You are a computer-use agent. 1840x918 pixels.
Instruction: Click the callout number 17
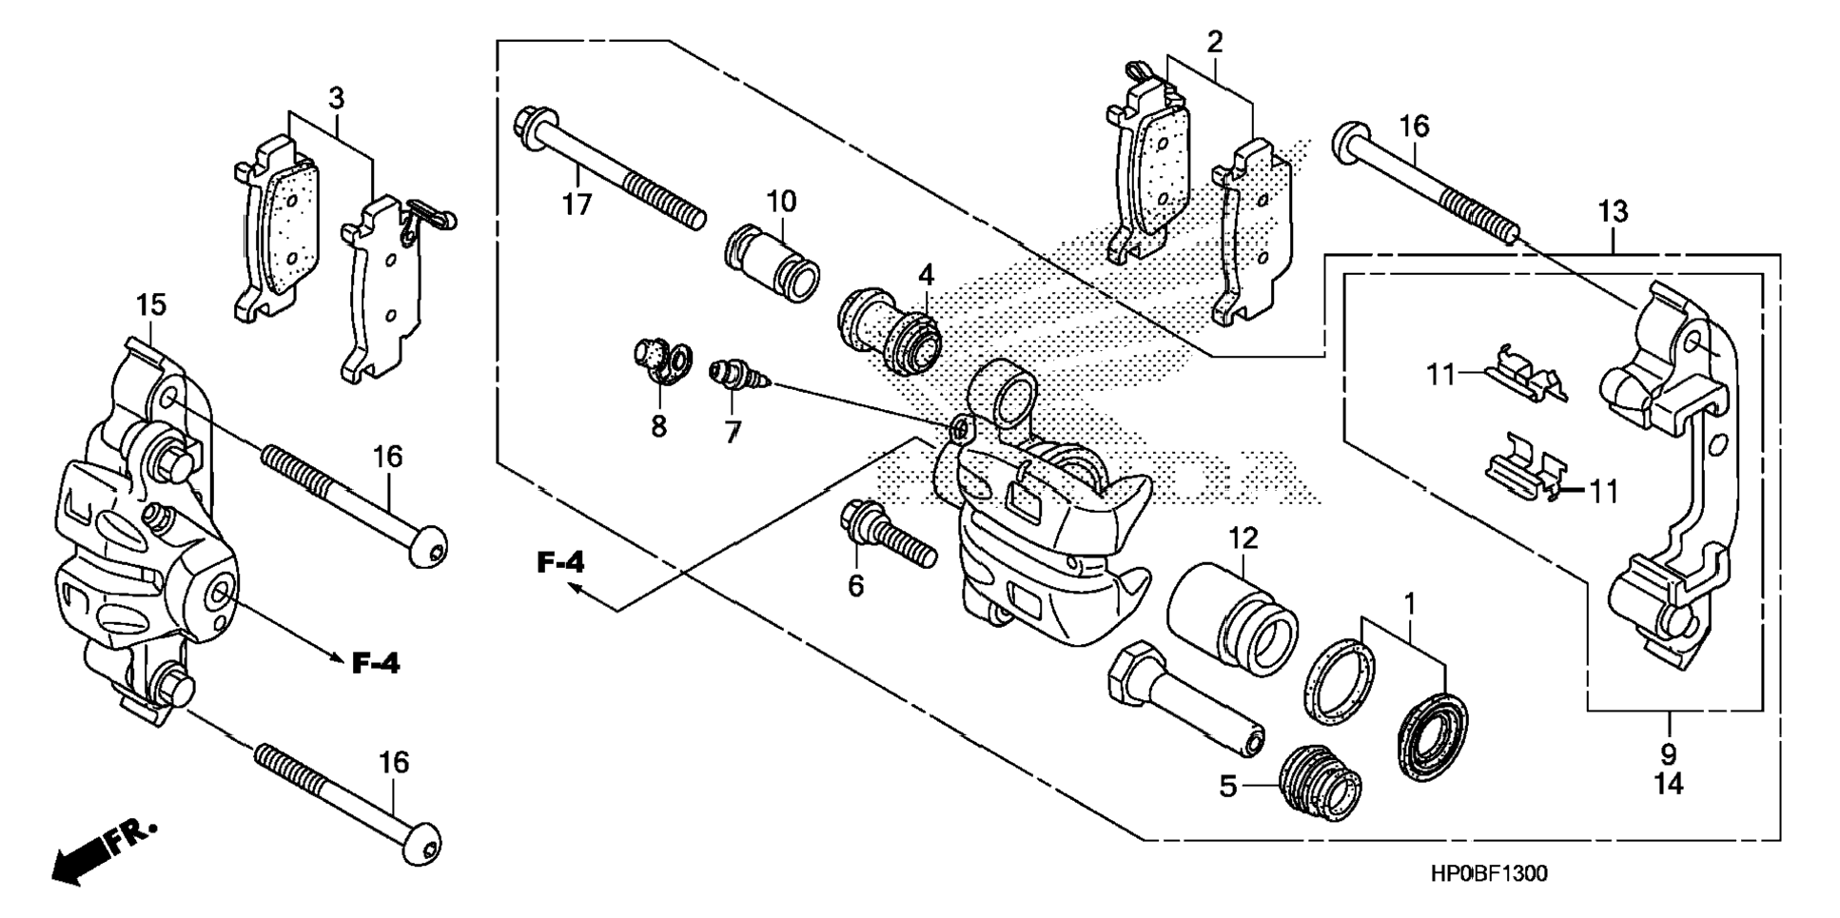[577, 204]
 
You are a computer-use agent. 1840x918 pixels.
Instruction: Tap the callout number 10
[781, 202]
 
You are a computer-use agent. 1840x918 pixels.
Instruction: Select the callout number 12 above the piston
[1243, 538]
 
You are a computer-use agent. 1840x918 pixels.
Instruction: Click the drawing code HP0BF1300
[1487, 873]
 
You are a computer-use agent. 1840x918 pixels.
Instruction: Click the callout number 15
[150, 305]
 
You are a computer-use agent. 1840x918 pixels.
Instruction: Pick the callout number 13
[1613, 211]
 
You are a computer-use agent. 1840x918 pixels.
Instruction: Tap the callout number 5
[1228, 787]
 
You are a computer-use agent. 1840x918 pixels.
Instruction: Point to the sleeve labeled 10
[772, 258]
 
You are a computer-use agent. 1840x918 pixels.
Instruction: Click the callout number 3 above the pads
[336, 98]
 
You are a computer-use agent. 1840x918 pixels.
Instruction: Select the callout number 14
[1668, 784]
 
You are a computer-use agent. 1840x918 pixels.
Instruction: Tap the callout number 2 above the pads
[1214, 42]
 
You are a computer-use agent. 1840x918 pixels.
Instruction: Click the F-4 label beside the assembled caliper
[376, 663]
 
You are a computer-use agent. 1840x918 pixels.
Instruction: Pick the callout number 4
[926, 276]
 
